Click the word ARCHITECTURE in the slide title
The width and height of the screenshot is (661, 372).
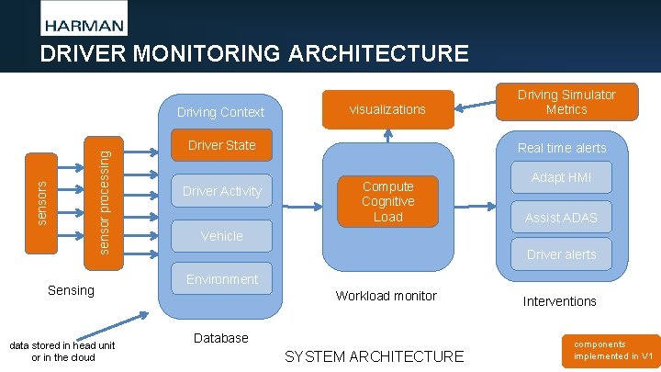click(378, 53)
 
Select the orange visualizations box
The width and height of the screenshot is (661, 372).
click(387, 109)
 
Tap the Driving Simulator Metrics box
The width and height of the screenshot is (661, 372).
click(566, 102)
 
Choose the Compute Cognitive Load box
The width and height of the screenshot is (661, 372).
click(387, 201)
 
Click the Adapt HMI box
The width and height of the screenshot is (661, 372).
click(561, 177)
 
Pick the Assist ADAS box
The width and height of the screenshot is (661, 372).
click(561, 218)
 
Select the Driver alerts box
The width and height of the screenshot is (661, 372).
click(561, 254)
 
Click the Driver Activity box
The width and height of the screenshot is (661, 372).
click(221, 191)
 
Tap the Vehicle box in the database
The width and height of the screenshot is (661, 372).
click(221, 236)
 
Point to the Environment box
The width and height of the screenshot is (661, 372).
click(221, 279)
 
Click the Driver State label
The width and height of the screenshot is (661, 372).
click(221, 145)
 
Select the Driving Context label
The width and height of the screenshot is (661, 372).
click(220, 112)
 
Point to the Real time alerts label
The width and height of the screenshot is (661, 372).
click(561, 148)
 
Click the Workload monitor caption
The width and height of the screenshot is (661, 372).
click(386, 296)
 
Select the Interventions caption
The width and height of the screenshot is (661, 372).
click(559, 301)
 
